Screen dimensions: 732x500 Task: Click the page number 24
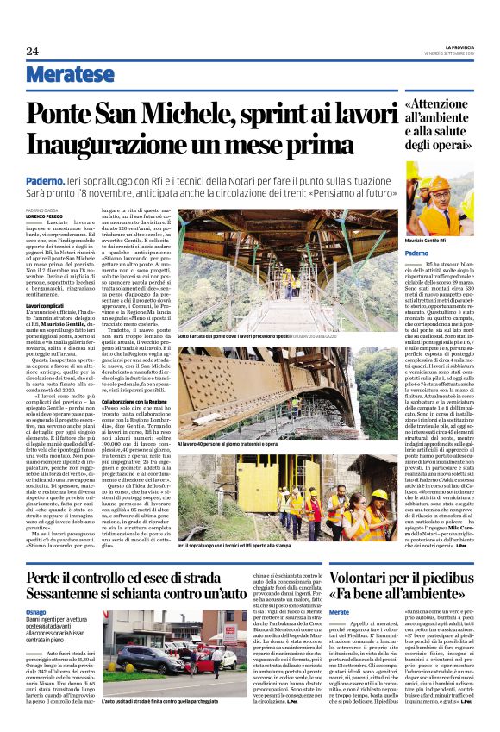point(33,51)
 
